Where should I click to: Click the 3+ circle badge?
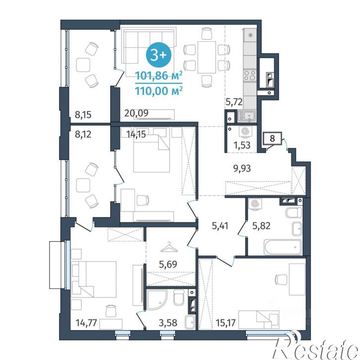point(158,55)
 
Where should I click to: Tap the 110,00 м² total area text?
point(159,91)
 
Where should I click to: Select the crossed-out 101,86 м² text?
point(159,75)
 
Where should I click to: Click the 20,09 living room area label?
point(136,113)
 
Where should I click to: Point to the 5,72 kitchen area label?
point(234,101)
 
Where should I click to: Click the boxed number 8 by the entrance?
point(272,139)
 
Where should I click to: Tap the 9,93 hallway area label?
point(242,168)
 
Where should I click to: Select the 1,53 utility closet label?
point(242,145)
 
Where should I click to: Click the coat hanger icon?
point(169,247)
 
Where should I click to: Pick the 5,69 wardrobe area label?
point(168,264)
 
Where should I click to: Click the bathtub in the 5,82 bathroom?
point(283,247)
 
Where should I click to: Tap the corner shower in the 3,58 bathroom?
point(157,300)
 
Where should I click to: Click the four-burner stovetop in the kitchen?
point(250,75)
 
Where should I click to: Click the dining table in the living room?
point(207,57)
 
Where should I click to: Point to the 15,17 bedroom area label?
point(226,323)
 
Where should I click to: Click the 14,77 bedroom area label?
point(86,323)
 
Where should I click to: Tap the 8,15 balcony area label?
point(83,114)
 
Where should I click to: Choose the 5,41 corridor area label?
point(220,226)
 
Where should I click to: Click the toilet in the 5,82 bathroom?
point(293,213)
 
